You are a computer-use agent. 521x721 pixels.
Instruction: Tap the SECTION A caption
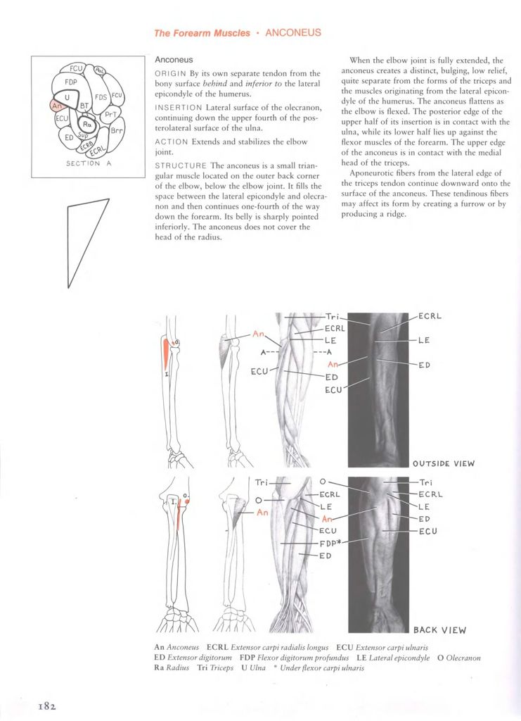click(89, 163)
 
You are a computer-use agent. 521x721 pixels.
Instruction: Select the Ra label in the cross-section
click(87, 123)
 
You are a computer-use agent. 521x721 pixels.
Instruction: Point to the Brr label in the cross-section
click(117, 130)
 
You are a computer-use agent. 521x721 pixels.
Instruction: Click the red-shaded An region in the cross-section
click(57, 106)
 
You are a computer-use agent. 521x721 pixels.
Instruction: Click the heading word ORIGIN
click(171, 73)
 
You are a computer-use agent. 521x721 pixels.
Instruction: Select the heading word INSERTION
click(178, 108)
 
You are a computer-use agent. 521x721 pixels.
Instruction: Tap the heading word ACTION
click(172, 142)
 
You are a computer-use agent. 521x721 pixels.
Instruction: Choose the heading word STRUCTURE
click(181, 165)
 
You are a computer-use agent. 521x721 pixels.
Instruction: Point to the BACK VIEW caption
click(439, 630)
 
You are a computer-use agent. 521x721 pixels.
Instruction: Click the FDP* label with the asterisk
click(331, 543)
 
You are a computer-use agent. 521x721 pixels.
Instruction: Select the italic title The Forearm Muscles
click(202, 33)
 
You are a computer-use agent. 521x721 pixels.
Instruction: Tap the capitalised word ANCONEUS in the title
click(293, 32)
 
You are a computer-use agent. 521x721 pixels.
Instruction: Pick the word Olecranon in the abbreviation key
click(463, 658)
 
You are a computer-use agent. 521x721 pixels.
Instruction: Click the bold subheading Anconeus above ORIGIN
click(174, 60)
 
